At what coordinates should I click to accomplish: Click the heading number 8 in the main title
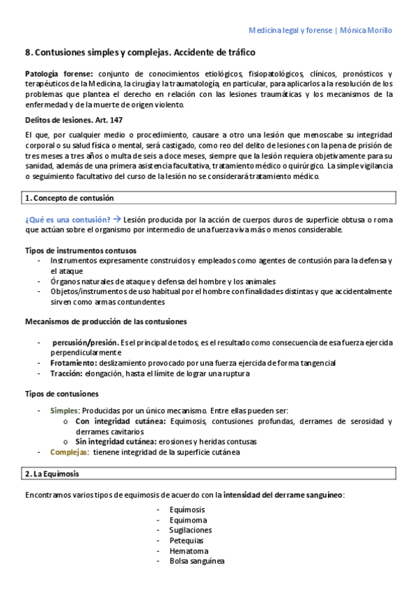pyautogui.click(x=27, y=52)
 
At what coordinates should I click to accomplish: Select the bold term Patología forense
pyautogui.click(x=58, y=74)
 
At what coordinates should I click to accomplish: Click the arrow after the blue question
pyautogui.click(x=116, y=219)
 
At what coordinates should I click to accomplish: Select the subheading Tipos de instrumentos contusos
pyautogui.click(x=80, y=250)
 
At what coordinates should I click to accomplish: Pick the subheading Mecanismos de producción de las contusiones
pyautogui.click(x=105, y=321)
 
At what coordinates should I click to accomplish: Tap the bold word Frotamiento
pyautogui.click(x=73, y=363)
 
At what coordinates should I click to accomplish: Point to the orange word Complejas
pyautogui.click(x=69, y=452)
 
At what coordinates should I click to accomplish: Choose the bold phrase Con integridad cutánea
pyautogui.click(x=120, y=421)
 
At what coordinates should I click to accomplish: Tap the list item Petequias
pyautogui.click(x=187, y=540)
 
